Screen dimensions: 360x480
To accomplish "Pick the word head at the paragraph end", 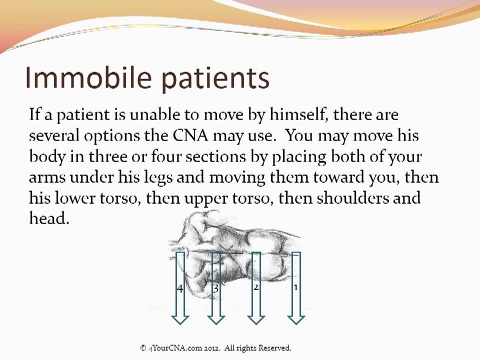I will [x=48, y=218].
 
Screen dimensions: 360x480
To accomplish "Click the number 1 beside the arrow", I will [x=295, y=287].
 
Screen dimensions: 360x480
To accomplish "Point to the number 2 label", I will [x=255, y=287].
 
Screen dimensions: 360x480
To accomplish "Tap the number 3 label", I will [x=216, y=288].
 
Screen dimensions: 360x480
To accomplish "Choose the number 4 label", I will [x=179, y=288].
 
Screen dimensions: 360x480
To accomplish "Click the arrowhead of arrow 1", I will [x=296, y=318].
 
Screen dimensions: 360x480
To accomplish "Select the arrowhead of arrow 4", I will [x=180, y=318].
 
